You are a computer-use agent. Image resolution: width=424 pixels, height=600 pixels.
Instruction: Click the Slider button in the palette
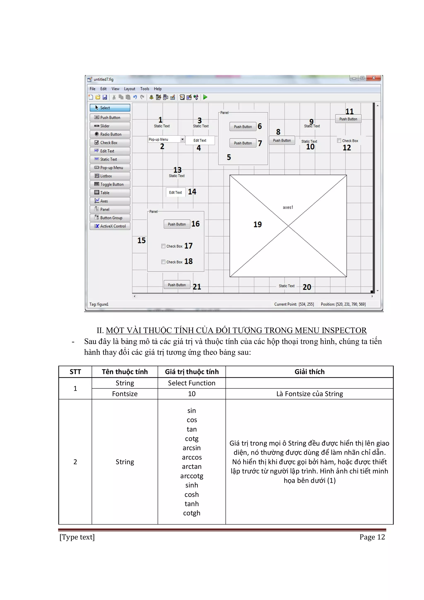click(110, 126)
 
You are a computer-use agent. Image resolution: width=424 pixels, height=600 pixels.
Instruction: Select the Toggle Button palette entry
click(110, 184)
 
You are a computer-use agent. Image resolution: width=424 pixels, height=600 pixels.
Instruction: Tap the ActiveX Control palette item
click(110, 226)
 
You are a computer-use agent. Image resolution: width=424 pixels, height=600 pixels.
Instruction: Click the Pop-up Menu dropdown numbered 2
click(166, 140)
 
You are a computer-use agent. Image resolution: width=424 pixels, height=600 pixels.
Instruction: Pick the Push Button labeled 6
click(243, 127)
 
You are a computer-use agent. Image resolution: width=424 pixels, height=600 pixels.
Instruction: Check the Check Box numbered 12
click(339, 141)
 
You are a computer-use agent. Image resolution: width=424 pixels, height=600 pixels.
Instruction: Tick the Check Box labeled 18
click(163, 262)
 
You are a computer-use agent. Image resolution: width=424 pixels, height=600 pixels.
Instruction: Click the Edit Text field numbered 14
click(175, 193)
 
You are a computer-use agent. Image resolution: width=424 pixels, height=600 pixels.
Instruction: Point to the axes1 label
click(288, 207)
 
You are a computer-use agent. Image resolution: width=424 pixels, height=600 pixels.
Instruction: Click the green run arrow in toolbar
click(205, 97)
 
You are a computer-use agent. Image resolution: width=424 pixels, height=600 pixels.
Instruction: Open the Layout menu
click(129, 89)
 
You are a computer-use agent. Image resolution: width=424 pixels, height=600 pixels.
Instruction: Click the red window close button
click(373, 78)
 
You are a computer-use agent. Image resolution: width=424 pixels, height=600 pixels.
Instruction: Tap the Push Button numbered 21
click(177, 285)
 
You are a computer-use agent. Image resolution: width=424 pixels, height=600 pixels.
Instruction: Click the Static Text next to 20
click(286, 286)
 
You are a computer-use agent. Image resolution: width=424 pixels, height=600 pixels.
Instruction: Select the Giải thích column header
click(309, 372)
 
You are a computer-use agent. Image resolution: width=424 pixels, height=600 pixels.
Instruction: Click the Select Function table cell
click(192, 383)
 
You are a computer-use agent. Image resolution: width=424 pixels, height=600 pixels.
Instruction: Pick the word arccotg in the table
click(192, 476)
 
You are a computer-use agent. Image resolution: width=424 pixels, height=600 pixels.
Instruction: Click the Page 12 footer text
click(372, 537)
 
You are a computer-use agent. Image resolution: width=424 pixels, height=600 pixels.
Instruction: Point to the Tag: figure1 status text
click(99, 304)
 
